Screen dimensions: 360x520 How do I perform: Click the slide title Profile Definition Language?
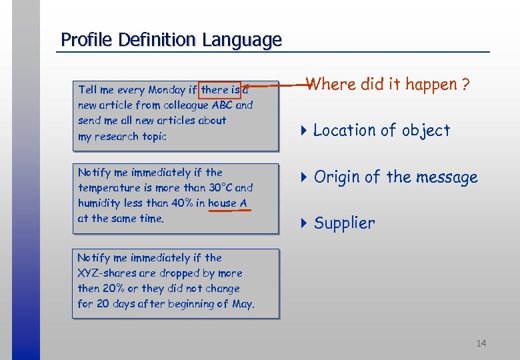171,40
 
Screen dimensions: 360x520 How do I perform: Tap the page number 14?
481,343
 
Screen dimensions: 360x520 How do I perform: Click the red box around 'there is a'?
225,89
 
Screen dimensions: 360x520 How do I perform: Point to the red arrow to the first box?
273,85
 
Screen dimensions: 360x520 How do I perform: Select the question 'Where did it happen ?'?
388,85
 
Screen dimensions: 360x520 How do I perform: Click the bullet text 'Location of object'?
381,131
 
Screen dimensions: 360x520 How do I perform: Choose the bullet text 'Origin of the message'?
396,177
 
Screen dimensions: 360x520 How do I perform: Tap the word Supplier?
344,223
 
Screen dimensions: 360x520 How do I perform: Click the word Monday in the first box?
167,89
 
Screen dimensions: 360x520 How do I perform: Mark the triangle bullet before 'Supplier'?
303,223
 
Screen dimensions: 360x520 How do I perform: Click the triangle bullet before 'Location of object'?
303,131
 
